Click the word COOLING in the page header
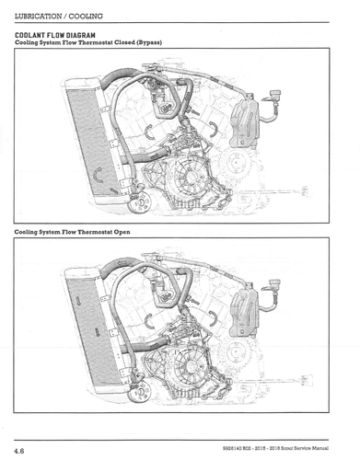click(x=86, y=16)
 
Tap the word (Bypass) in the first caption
click(x=149, y=42)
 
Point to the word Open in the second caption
click(x=122, y=232)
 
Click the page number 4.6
click(x=19, y=451)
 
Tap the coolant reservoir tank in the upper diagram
click(x=246, y=121)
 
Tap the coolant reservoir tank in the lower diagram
click(x=246, y=310)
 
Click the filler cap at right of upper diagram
click(x=274, y=93)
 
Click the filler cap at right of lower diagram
click(x=274, y=282)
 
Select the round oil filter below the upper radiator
click(x=140, y=202)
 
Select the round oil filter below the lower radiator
click(x=140, y=392)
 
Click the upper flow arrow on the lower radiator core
click(x=78, y=301)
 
